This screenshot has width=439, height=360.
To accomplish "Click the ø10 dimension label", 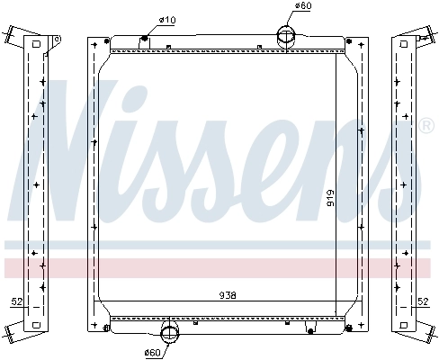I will pyautogui.click(x=166, y=19).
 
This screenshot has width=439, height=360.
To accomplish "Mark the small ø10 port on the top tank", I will pyautogui.click(x=144, y=39).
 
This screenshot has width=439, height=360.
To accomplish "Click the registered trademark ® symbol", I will pyautogui.click(x=426, y=125).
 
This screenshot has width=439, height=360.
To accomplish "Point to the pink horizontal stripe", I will pyautogui.click(x=219, y=267).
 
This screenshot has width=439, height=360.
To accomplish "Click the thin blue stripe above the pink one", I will pyautogui.click(x=219, y=244).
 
